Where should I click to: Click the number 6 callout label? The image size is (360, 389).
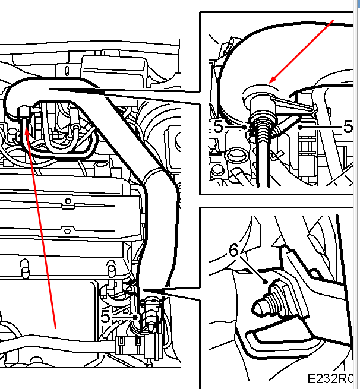pyautogui.click(x=233, y=250)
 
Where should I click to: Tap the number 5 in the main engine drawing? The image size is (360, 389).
pyautogui.click(x=105, y=317)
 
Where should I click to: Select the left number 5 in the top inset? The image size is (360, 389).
pyautogui.click(x=218, y=126)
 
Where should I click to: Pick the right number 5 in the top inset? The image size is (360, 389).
pyautogui.click(x=348, y=126)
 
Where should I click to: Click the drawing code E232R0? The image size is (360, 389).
pyautogui.click(x=330, y=378)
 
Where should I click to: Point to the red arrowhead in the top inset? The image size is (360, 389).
pyautogui.click(x=273, y=80)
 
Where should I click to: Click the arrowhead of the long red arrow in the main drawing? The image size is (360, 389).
pyautogui.click(x=27, y=131)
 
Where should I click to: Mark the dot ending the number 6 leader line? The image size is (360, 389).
pyautogui.click(x=266, y=282)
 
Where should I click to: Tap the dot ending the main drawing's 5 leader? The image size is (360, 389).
pyautogui.click(x=135, y=317)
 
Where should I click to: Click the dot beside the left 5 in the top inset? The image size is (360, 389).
pyautogui.click(x=244, y=127)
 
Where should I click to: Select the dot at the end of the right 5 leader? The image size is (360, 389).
pyautogui.click(x=300, y=127)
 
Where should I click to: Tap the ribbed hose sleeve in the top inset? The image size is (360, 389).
pyautogui.click(x=263, y=128)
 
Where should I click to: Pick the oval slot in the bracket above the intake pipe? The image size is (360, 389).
pyautogui.click(x=67, y=71)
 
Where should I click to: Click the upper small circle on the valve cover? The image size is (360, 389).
pyautogui.click(x=68, y=201)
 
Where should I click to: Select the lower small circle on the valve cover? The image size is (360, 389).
pyautogui.click(x=67, y=231)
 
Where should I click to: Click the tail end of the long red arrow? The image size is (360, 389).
pyautogui.click(x=56, y=328)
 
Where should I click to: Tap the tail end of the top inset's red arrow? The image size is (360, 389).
pyautogui.click(x=333, y=20)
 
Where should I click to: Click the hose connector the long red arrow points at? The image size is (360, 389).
pyautogui.click(x=24, y=113)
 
